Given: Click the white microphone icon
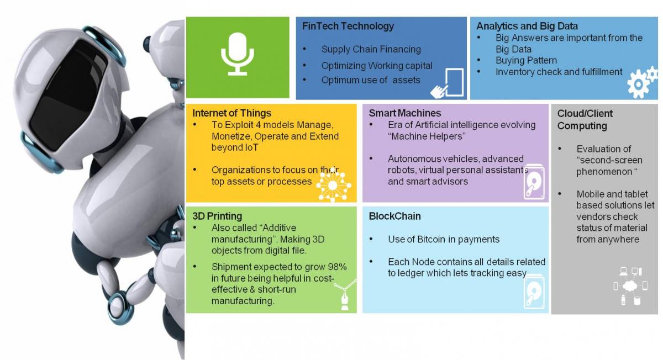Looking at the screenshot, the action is pyautogui.click(x=238, y=54).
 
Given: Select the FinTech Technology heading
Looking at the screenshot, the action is pyautogui.click(x=348, y=26).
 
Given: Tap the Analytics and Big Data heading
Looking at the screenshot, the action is pyautogui.click(x=527, y=26).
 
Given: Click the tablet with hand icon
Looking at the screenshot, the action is pyautogui.click(x=447, y=83).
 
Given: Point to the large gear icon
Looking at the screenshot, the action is pyautogui.click(x=637, y=84).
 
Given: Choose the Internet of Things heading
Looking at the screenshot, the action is pyautogui.click(x=231, y=113).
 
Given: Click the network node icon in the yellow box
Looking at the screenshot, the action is pyautogui.click(x=333, y=185).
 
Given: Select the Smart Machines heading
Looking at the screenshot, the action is pyautogui.click(x=404, y=113).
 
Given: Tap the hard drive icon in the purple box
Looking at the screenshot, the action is pyautogui.click(x=534, y=182).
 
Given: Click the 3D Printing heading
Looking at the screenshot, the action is pyautogui.click(x=217, y=216).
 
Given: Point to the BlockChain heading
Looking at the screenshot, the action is pyautogui.click(x=394, y=216).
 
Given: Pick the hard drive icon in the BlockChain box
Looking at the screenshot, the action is pyautogui.click(x=534, y=292).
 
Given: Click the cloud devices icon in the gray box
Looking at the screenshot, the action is pyautogui.click(x=630, y=286).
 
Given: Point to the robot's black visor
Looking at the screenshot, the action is pyautogui.click(x=69, y=94).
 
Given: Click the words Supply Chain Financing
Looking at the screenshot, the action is pyautogui.click(x=371, y=49).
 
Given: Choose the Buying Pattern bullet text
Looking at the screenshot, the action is pyautogui.click(x=526, y=60).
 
